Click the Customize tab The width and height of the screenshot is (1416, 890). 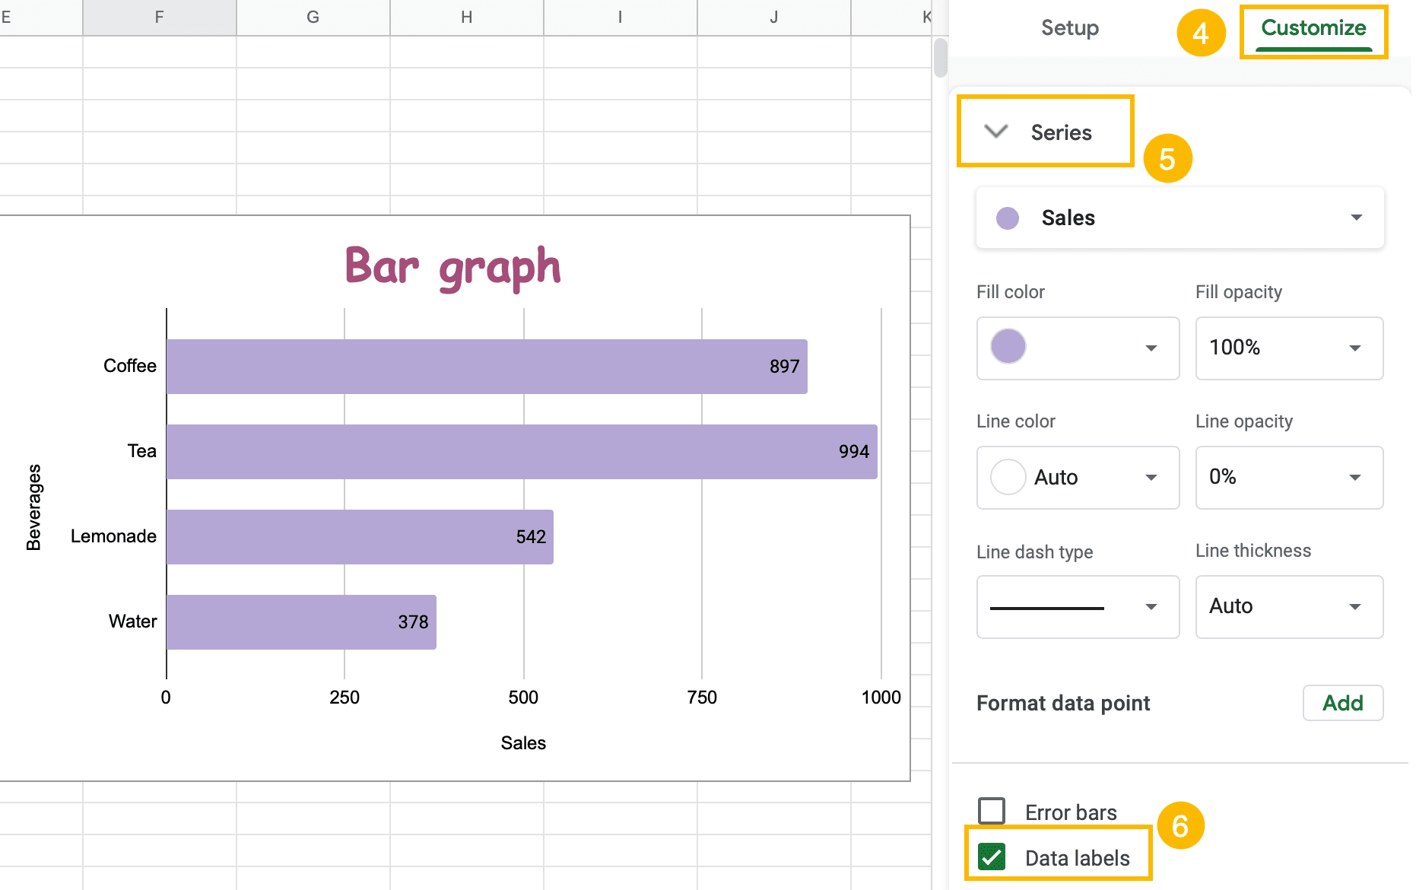(x=1313, y=29)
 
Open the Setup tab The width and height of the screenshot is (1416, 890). (x=1069, y=29)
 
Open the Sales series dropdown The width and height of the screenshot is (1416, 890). (x=1179, y=218)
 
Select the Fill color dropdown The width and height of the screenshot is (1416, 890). (x=1078, y=348)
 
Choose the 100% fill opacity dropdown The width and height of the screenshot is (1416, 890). (x=1289, y=348)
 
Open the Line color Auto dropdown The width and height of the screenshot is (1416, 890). (x=1078, y=478)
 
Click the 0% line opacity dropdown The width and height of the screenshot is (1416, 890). (x=1289, y=478)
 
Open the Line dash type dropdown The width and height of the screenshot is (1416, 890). (x=1078, y=607)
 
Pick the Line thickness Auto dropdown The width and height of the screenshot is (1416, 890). (x=1289, y=607)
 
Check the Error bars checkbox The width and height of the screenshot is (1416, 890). (x=992, y=811)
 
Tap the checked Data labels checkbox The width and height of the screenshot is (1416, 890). (x=992, y=857)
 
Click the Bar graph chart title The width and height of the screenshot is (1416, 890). (x=452, y=268)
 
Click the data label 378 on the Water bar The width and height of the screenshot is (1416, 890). (x=413, y=622)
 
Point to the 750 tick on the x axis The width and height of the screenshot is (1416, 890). (x=701, y=698)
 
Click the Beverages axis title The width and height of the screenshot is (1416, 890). (x=34, y=507)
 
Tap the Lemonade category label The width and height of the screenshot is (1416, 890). (x=113, y=536)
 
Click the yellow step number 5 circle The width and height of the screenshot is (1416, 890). (x=1167, y=159)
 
